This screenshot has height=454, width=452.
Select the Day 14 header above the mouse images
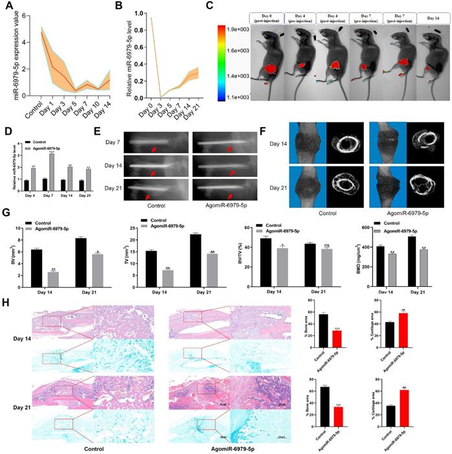(429, 15)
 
